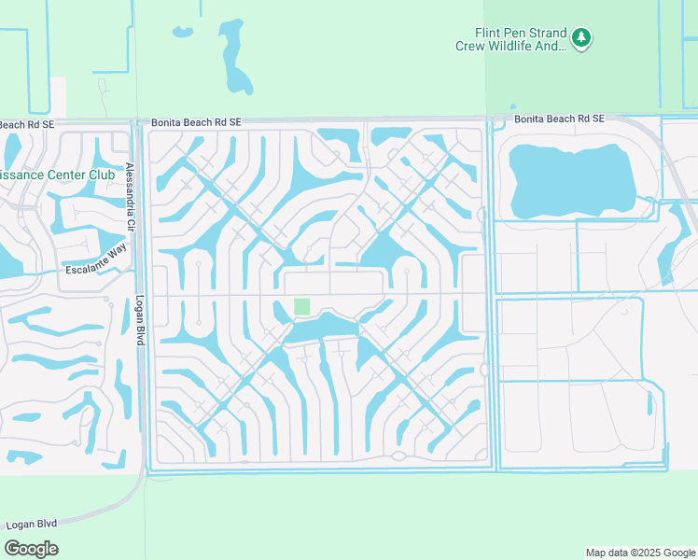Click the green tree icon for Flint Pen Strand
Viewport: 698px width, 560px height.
[582, 37]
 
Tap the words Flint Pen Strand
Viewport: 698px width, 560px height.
[521, 32]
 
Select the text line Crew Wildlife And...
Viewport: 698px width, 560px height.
[510, 45]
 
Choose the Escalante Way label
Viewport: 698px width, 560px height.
[95, 259]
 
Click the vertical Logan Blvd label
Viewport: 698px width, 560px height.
[140, 322]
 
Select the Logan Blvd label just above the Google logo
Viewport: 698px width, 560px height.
[33, 524]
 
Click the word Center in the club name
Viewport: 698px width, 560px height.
[66, 175]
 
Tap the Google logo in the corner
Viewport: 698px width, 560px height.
[31, 549]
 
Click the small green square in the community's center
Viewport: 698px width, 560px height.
[301, 306]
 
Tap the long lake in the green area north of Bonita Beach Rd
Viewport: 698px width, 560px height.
[235, 58]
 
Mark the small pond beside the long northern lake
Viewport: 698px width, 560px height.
[182, 31]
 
